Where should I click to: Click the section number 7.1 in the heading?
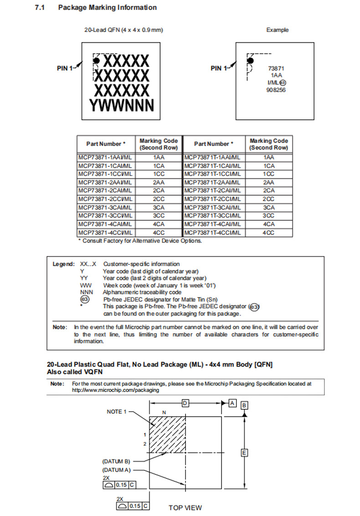pyautogui.click(x=40, y=8)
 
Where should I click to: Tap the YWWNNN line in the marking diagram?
pyautogui.click(x=122, y=105)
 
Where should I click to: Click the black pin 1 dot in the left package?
pyautogui.click(x=97, y=60)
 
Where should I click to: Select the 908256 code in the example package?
pyautogui.click(x=276, y=90)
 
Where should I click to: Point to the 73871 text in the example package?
pyautogui.click(x=276, y=68)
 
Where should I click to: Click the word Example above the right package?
pyautogui.click(x=277, y=30)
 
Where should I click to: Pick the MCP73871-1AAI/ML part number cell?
pyautogui.click(x=105, y=158)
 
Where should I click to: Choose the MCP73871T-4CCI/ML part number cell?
pyautogui.click(x=213, y=233)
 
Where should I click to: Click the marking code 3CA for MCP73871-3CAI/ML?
pyautogui.click(x=159, y=208)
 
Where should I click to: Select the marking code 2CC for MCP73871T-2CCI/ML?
pyautogui.click(x=268, y=199)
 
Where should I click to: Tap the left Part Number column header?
pyautogui.click(x=106, y=144)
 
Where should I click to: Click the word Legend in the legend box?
pyautogui.click(x=63, y=264)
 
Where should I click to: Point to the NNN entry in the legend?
pyautogui.click(x=86, y=292)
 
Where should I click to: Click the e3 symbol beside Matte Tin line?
pyautogui.click(x=85, y=299)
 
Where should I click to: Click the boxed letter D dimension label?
pyautogui.click(x=185, y=403)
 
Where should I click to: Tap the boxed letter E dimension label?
pyautogui.click(x=245, y=453)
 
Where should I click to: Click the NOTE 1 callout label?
pyautogui.click(x=116, y=412)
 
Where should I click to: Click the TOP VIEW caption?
pyautogui.click(x=185, y=507)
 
